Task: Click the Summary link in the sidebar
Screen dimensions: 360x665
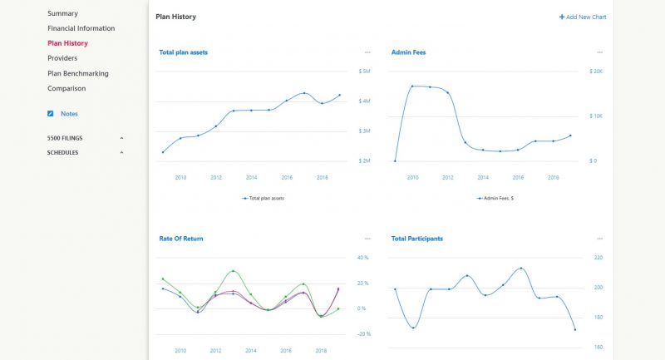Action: pos(62,13)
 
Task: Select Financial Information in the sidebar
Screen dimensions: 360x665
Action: pos(81,28)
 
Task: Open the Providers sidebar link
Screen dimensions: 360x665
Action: pos(62,58)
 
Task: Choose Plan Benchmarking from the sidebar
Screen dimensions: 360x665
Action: pos(77,73)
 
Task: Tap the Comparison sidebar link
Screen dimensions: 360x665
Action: pos(66,88)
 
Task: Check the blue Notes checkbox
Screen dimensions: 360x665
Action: pos(51,113)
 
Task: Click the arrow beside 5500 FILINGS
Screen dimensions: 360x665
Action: pos(121,138)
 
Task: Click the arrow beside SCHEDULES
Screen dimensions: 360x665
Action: pos(121,153)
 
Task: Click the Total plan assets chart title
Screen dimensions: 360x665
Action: pos(183,52)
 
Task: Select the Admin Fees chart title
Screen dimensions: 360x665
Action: pos(408,52)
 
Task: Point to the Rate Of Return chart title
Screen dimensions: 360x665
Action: pos(180,239)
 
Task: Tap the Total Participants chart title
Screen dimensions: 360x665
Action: pos(416,239)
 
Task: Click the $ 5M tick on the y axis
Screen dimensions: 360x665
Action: pos(365,72)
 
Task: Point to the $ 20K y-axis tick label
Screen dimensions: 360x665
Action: pos(596,72)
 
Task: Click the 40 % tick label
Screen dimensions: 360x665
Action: pos(362,258)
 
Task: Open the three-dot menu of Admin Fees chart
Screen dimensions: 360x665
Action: pos(599,52)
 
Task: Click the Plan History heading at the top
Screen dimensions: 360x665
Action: pos(176,17)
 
